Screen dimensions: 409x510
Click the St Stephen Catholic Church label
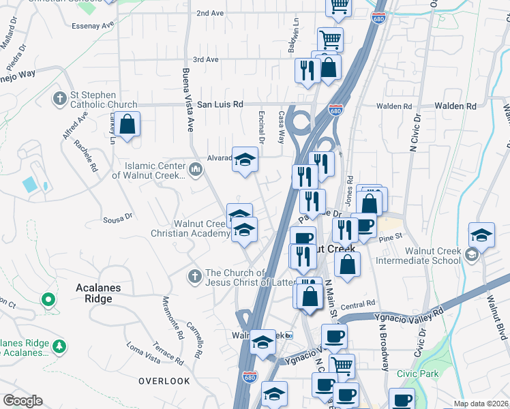coord(104,100)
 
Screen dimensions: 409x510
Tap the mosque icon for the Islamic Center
coord(196,168)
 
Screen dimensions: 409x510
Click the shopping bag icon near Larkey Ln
coord(127,125)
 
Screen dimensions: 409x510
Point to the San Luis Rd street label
coord(220,105)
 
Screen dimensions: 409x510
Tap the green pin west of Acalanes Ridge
coord(48,299)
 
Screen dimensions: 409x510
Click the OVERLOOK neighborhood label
coord(164,380)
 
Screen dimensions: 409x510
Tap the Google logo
coord(22,400)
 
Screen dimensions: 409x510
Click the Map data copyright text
coord(481,404)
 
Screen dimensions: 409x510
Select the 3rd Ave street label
coord(205,59)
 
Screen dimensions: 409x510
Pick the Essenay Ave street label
coord(93,25)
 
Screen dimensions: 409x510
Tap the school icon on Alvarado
coord(245,160)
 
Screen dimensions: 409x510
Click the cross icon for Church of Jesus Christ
coord(194,276)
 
